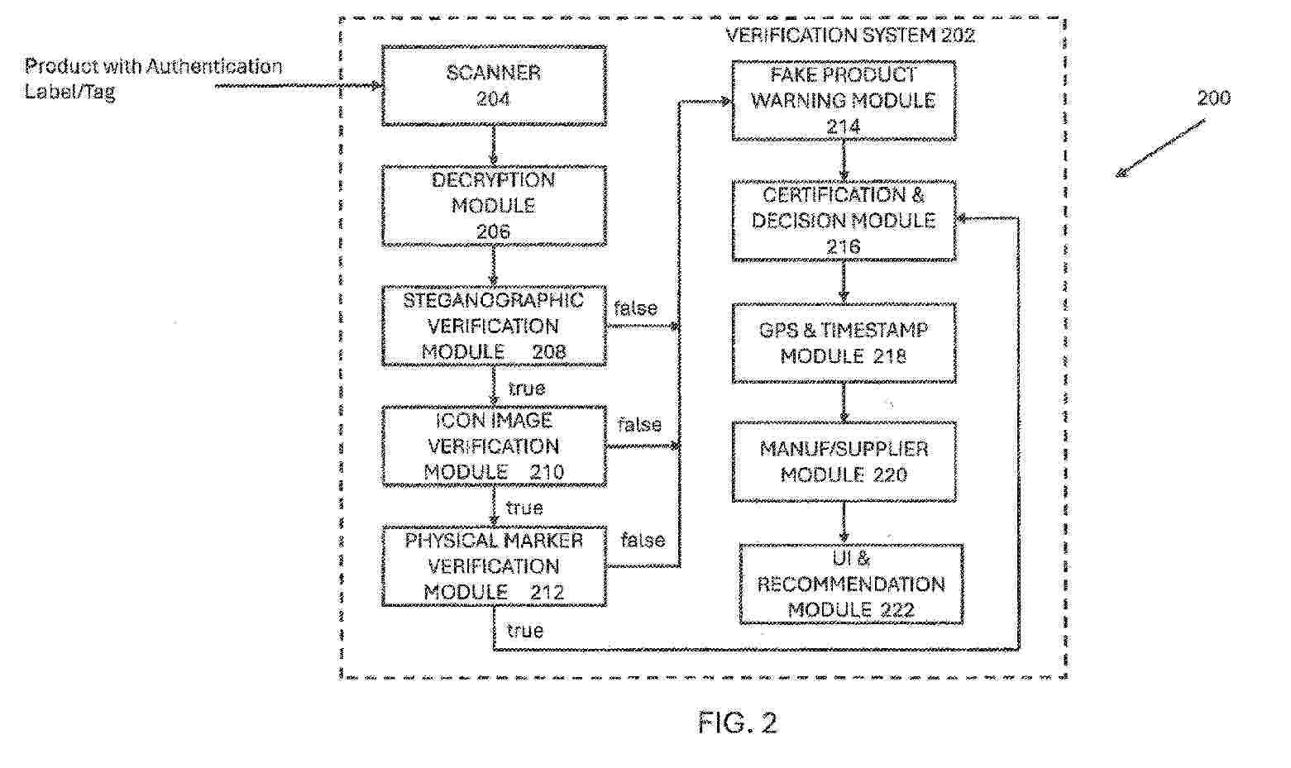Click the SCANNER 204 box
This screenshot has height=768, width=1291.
(494, 86)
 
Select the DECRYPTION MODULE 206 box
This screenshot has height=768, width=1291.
(494, 206)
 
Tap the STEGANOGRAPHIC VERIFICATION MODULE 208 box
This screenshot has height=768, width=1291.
(494, 326)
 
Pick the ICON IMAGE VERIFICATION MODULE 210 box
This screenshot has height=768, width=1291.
(494, 446)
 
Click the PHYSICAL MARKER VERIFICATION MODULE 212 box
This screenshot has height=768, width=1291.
(494, 566)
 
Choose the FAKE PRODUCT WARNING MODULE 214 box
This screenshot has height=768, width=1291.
(844, 100)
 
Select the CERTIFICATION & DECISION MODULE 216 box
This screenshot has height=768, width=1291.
(844, 221)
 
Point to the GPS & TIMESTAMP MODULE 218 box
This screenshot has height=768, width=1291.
(844, 343)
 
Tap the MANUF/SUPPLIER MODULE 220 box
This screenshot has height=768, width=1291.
(844, 462)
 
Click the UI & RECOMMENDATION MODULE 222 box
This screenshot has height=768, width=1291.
(851, 584)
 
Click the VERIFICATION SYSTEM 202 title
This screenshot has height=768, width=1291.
(850, 36)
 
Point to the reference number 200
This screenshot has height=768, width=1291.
(1213, 98)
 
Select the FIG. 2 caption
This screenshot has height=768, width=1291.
(737, 723)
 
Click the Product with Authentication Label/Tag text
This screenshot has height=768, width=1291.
(153, 79)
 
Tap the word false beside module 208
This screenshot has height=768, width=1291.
(636, 308)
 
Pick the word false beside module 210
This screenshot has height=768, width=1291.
(639, 425)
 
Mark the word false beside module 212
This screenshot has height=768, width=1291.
(643, 541)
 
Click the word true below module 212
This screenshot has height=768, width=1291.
(525, 632)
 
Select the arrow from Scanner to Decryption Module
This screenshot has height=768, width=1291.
(494, 145)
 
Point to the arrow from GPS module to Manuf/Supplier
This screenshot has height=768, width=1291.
(844, 403)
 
